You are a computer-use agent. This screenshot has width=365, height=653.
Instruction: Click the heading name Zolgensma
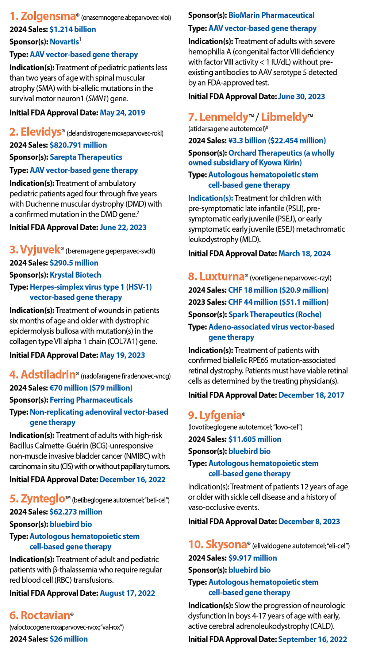(48, 16)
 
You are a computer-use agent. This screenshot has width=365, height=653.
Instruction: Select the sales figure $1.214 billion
(73, 30)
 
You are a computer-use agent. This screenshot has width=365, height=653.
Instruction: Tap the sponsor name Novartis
(64, 42)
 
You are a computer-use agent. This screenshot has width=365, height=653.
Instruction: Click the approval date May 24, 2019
(122, 113)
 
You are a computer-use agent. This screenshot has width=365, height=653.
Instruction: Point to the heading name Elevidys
(41, 132)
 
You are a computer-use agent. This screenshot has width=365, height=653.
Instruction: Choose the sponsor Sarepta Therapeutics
(86, 157)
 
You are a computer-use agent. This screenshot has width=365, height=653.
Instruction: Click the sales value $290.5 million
(74, 263)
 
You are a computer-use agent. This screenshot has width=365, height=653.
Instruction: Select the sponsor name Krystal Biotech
(75, 275)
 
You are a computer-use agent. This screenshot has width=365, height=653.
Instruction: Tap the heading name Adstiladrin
(48, 375)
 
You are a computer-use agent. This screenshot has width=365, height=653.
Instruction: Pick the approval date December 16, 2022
(132, 480)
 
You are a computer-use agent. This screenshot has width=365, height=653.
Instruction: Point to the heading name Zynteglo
(43, 499)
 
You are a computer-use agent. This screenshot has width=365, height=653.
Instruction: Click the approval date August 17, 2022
(127, 593)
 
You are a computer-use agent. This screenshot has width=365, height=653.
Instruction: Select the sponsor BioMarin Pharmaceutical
(271, 15)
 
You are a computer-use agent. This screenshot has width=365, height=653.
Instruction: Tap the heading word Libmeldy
(284, 117)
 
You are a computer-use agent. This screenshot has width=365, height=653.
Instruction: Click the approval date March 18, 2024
(304, 254)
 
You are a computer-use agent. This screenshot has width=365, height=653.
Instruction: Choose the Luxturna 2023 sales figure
(278, 302)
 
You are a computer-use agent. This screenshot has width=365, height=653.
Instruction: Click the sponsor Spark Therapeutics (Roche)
(275, 314)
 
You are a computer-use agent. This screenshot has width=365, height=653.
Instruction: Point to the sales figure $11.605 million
(254, 439)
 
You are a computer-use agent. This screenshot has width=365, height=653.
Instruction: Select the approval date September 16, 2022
(312, 639)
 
